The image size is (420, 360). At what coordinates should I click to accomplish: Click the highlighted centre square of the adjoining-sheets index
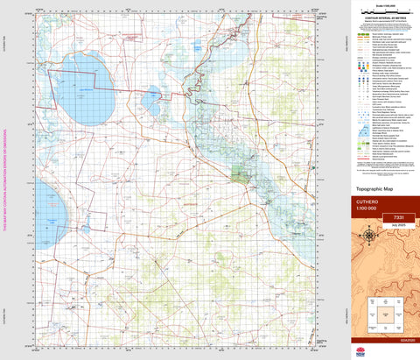tap(383, 310)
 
